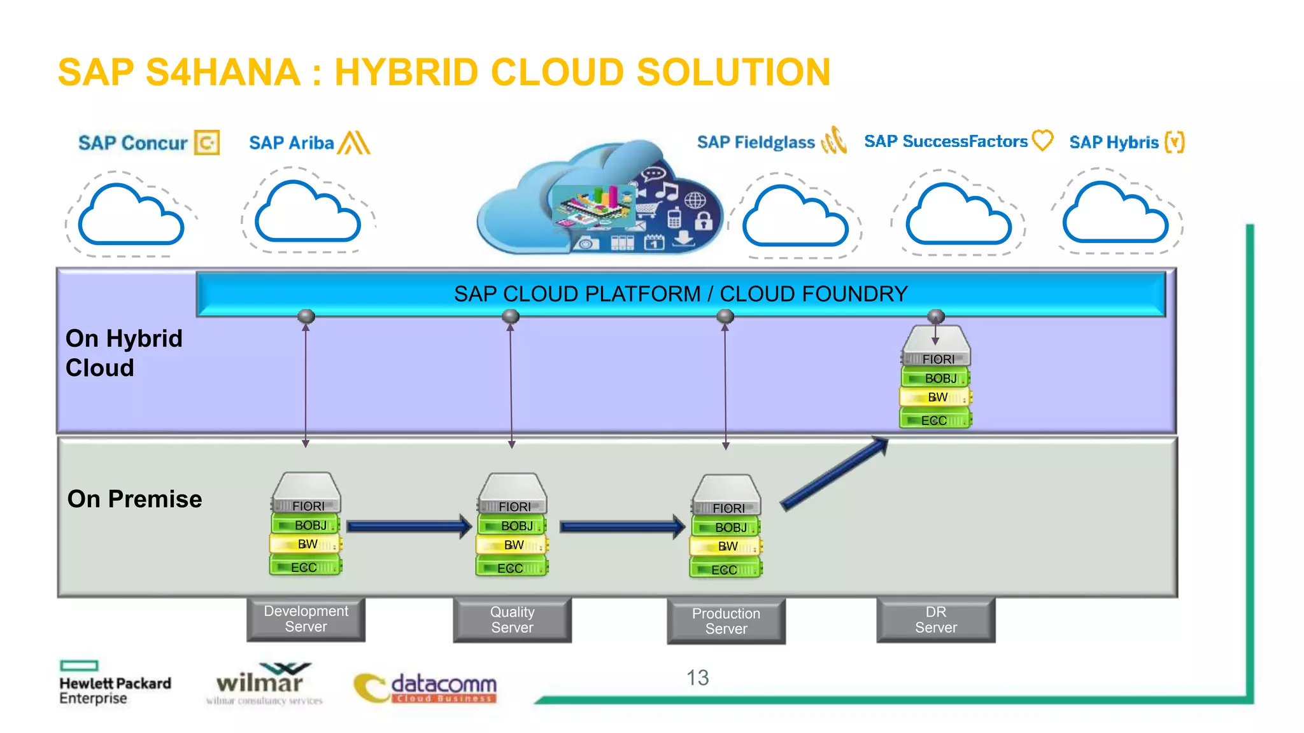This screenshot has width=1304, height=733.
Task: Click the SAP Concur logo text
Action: click(132, 143)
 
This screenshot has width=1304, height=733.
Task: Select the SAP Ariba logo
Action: click(309, 143)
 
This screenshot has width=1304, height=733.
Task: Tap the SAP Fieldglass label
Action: click(756, 142)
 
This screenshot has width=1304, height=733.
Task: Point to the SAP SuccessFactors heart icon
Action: click(1042, 140)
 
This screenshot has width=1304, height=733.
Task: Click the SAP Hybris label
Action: click(1114, 142)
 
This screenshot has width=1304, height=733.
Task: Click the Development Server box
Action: click(306, 618)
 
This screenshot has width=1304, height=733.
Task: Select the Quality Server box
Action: click(512, 619)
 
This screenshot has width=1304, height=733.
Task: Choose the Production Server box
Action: click(726, 621)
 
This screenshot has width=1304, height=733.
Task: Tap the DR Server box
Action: click(935, 619)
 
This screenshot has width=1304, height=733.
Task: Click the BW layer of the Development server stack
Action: click(306, 544)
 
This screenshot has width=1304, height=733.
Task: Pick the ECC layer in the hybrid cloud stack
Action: click(935, 420)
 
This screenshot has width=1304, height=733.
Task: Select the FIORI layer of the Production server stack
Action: click(727, 508)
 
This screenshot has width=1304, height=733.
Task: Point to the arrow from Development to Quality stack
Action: click(407, 526)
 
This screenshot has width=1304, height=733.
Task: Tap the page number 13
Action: click(697, 678)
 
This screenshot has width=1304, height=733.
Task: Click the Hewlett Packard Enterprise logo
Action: click(115, 684)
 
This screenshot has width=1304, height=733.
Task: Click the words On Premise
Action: click(134, 499)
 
